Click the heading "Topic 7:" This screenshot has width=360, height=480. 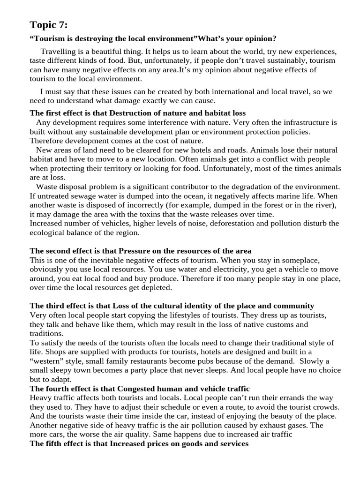coord(49,24)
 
